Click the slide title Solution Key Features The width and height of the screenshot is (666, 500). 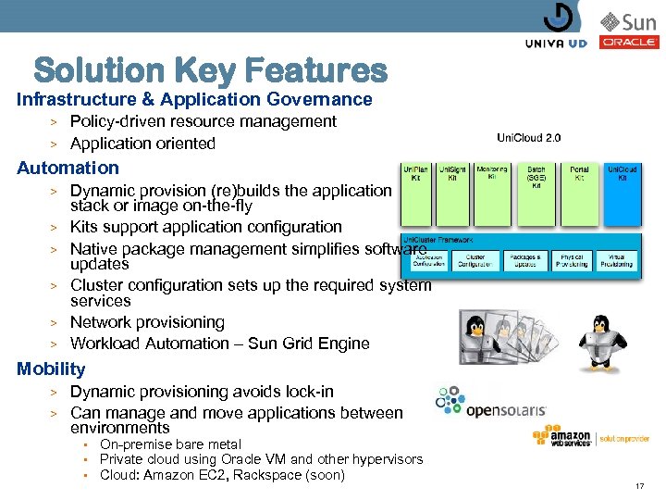(x=210, y=69)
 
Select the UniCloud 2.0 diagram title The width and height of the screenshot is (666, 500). (x=528, y=138)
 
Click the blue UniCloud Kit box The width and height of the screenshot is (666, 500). (x=622, y=194)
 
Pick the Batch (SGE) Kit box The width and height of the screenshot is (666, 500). (x=536, y=194)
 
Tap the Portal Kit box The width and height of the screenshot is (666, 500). (x=579, y=194)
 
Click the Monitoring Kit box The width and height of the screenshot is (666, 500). (x=492, y=194)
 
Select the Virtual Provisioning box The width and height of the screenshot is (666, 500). (x=616, y=260)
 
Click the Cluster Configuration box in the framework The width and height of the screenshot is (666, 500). (x=475, y=260)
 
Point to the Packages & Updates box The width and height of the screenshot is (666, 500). (x=524, y=260)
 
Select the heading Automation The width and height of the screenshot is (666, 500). (x=68, y=168)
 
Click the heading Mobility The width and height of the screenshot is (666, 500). (x=51, y=369)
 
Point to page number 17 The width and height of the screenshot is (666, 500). (x=639, y=486)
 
